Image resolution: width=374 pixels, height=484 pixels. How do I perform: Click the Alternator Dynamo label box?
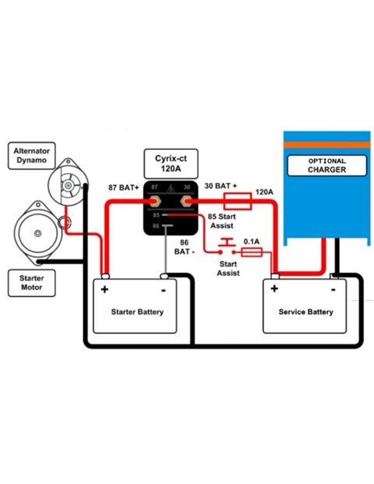coord(32,156)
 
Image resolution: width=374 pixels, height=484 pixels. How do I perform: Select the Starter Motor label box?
coord(32,283)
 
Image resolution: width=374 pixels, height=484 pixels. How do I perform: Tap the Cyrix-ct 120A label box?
coord(171,164)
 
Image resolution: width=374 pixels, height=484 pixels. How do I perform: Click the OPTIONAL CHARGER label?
coord(327,165)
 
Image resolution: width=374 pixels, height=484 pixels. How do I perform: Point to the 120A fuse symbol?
coord(238,201)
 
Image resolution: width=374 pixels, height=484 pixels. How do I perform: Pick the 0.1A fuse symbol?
coord(252,252)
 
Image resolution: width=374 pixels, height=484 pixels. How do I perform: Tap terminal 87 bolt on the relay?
coord(155,201)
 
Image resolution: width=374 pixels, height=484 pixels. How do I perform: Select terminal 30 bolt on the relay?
coord(186,201)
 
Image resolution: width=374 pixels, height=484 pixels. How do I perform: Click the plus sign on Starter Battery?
coord(105,290)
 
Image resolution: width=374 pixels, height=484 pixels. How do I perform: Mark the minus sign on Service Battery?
coord(333,290)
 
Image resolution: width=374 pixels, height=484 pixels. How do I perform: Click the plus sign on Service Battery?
coord(274,288)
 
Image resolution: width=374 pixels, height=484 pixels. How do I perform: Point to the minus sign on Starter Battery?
coord(164,290)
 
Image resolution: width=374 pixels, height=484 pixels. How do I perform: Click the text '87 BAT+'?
coord(123,188)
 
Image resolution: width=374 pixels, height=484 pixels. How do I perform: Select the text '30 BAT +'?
coord(220,186)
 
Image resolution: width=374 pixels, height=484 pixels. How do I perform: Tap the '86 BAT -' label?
coord(184,247)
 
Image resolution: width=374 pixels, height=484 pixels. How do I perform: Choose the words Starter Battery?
coord(137,312)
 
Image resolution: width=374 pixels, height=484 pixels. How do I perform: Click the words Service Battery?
coord(306,312)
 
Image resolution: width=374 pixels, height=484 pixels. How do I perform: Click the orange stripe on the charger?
coord(327,145)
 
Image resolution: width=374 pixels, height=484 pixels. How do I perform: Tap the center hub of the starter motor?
coord(37,233)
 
